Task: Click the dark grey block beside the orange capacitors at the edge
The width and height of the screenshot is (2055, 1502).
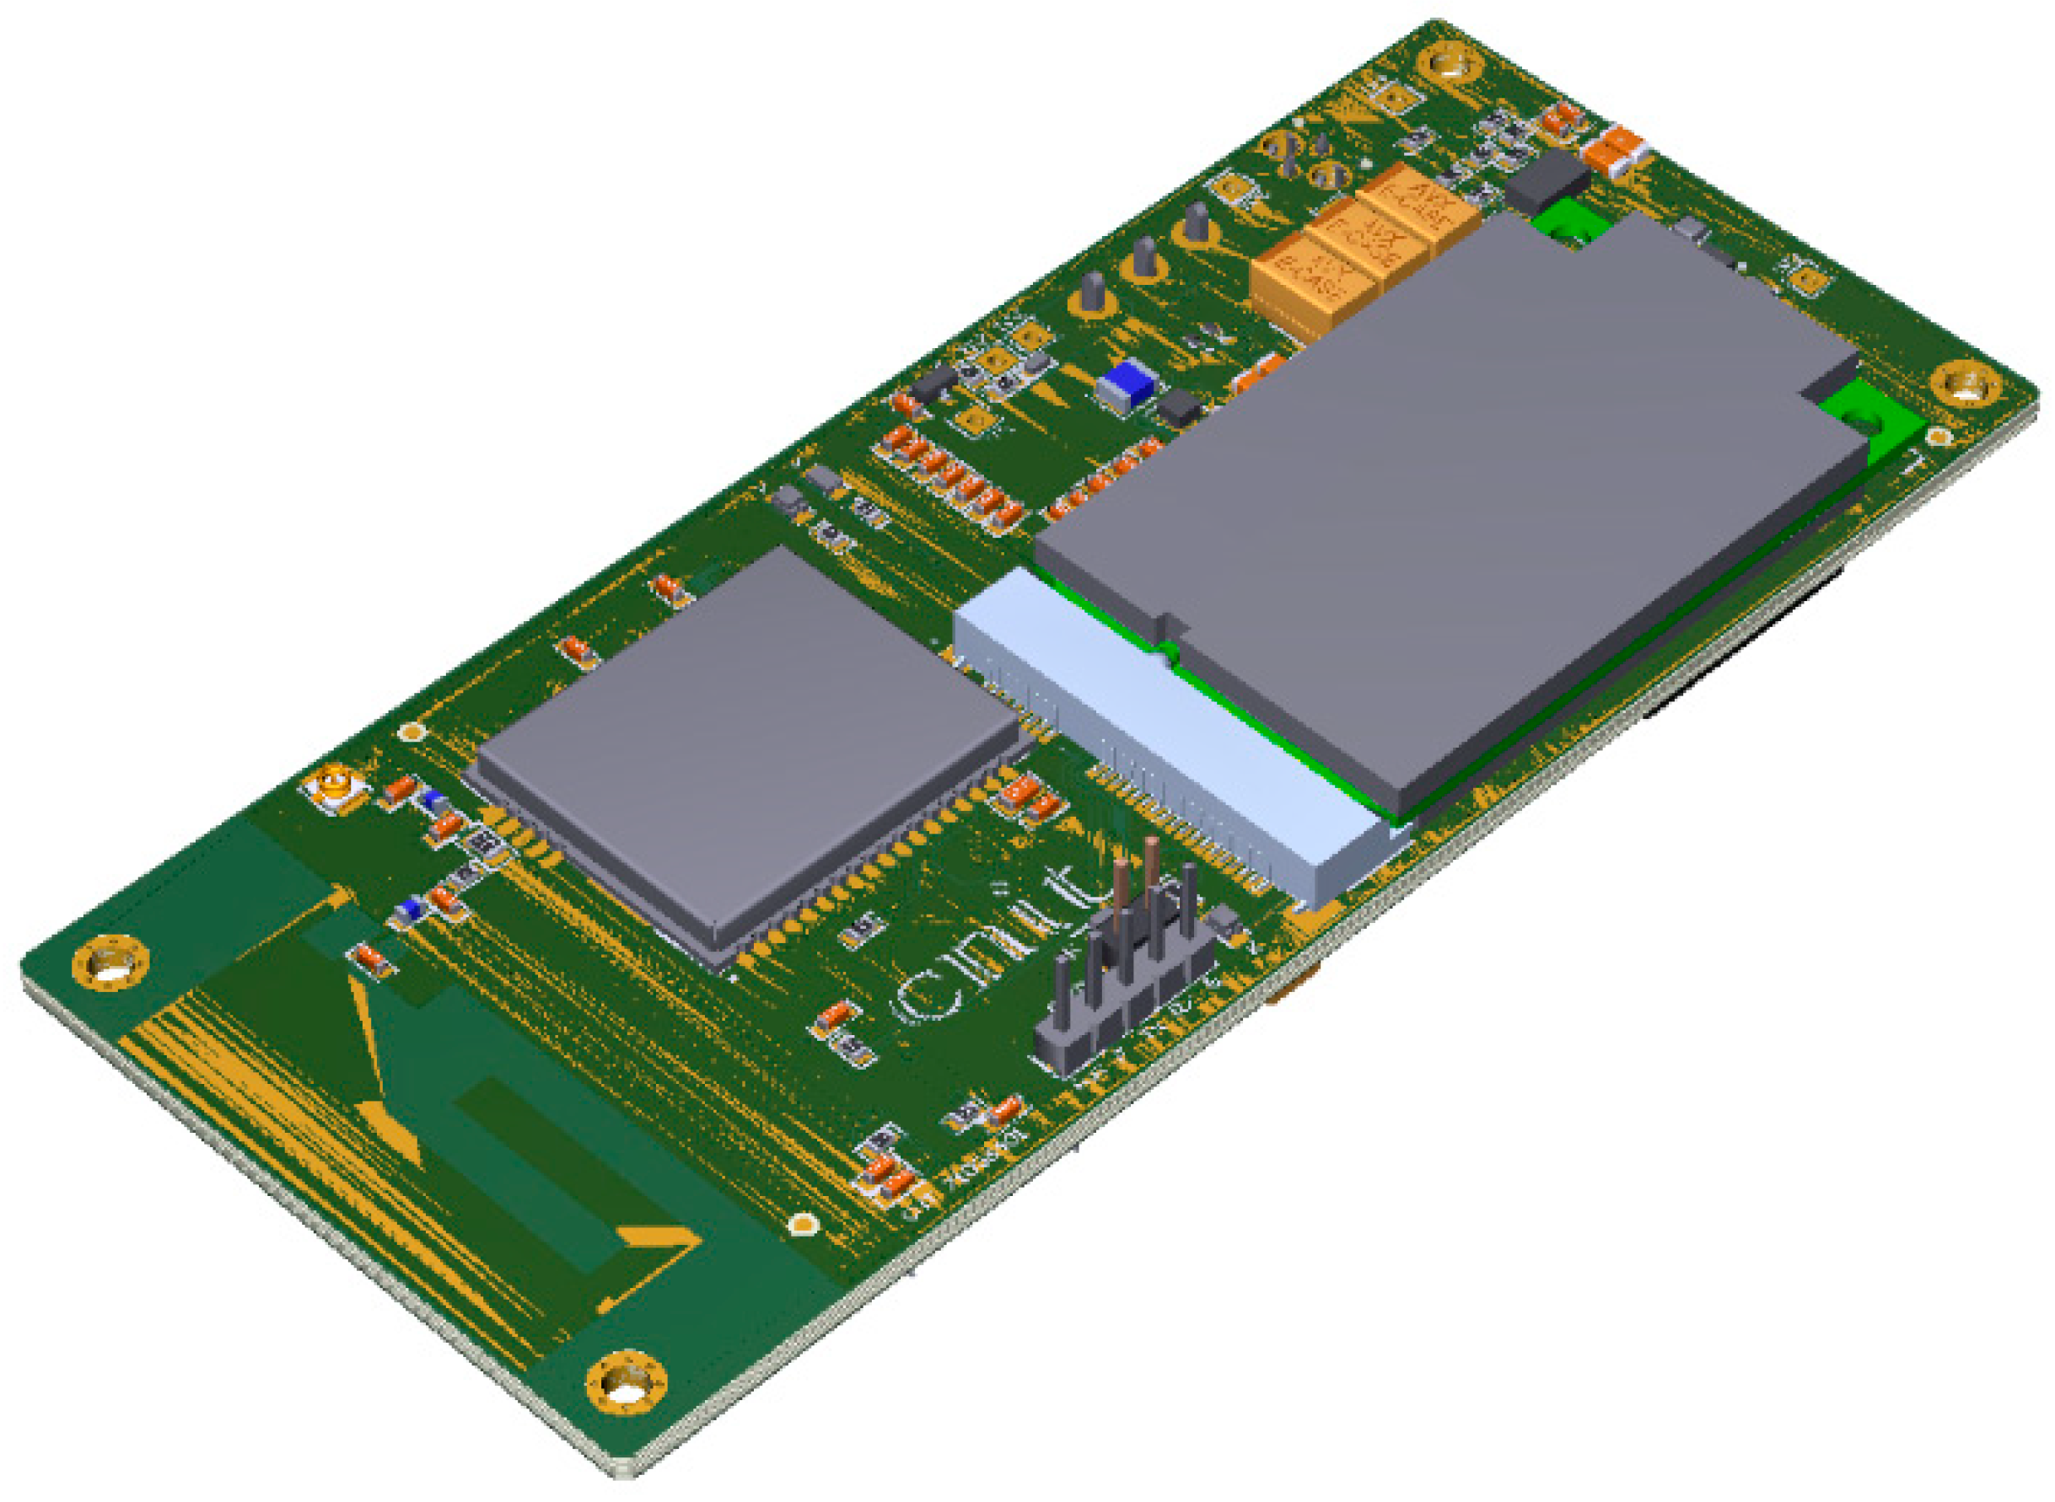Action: (1547, 180)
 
